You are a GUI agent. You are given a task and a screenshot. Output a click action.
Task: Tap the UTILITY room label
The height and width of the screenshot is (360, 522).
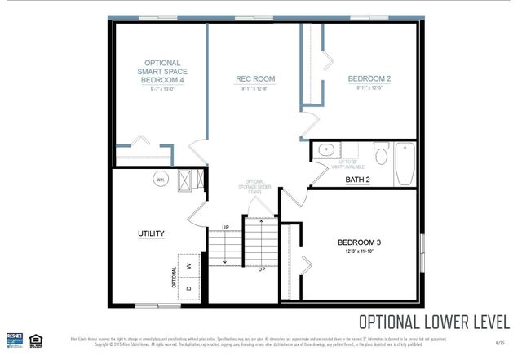point(151,233)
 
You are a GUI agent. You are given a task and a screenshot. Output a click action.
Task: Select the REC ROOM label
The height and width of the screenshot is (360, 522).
point(254,79)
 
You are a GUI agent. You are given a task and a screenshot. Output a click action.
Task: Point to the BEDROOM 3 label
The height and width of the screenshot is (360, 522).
point(360,242)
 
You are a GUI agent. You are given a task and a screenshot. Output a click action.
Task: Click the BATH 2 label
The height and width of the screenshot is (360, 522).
point(357,180)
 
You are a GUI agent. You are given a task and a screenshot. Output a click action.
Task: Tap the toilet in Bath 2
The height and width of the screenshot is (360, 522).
point(380,153)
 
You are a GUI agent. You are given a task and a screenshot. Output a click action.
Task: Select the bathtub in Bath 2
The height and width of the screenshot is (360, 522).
point(405,164)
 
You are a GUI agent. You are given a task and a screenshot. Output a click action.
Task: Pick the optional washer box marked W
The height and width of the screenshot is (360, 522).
point(188,265)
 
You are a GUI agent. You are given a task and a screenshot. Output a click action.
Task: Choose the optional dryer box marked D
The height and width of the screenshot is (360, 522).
point(188,288)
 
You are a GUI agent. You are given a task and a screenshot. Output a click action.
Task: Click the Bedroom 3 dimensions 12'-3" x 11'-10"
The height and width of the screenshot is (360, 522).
point(360,253)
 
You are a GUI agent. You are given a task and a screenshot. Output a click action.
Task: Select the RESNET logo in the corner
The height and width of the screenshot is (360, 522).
point(14,338)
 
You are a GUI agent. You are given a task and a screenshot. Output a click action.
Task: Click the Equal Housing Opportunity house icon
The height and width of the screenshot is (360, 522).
point(35,339)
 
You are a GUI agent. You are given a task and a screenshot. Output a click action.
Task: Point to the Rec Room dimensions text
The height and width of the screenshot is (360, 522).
point(254,89)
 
